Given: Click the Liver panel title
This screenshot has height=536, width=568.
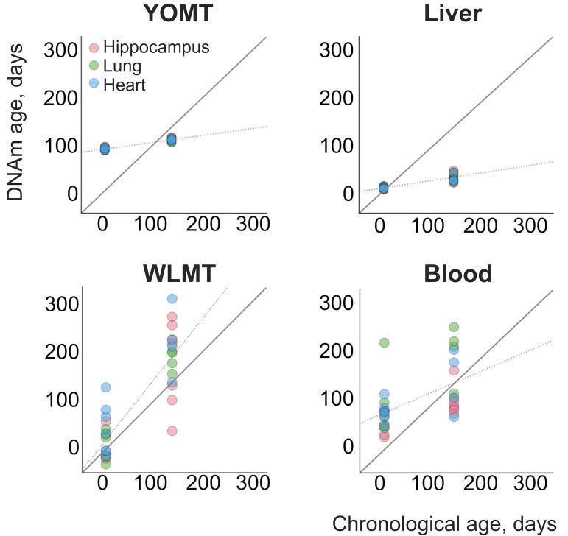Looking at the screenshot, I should (x=452, y=14).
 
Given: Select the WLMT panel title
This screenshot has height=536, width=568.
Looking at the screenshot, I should (x=179, y=274).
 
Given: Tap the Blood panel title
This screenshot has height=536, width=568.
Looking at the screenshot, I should (x=457, y=274).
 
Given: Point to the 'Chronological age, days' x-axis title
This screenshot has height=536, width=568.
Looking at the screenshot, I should (x=444, y=523).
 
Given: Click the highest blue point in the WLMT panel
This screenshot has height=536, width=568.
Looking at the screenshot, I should (x=172, y=299).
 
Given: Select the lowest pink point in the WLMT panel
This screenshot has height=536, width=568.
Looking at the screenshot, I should (x=172, y=431).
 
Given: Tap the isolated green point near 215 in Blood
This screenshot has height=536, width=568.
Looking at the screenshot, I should (x=384, y=342).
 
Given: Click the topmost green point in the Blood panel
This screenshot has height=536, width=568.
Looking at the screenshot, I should (x=454, y=327).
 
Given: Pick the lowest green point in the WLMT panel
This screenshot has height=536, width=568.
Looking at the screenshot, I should (x=105, y=464).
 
